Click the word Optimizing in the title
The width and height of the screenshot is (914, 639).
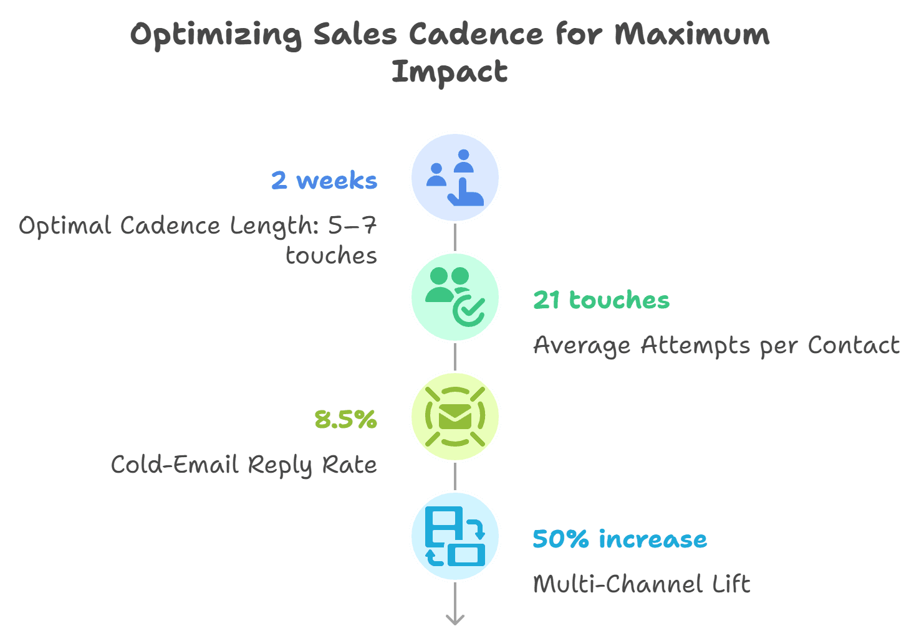pyautogui.click(x=216, y=36)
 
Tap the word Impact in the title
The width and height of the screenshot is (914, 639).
pyautogui.click(x=450, y=72)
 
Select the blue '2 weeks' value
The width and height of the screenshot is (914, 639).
pyautogui.click(x=324, y=180)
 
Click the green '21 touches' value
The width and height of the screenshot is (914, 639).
pyautogui.click(x=601, y=300)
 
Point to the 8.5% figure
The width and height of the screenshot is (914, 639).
pyautogui.click(x=345, y=419)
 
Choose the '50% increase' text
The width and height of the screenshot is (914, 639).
pyautogui.click(x=620, y=539)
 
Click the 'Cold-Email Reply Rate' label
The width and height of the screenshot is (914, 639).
pyautogui.click(x=244, y=465)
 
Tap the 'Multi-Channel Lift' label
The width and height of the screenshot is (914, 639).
pyautogui.click(x=642, y=584)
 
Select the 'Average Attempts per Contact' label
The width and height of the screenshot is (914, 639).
pyautogui.click(x=716, y=346)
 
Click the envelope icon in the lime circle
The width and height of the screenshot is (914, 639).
pyautogui.click(x=455, y=417)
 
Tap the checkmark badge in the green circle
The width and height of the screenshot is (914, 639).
pyautogui.click(x=469, y=311)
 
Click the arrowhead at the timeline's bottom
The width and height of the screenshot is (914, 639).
pyautogui.click(x=455, y=620)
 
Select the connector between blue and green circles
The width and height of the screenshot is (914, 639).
pyautogui.click(x=455, y=237)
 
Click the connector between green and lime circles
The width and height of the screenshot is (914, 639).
pyautogui.click(x=455, y=357)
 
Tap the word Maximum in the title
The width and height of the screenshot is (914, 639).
pyautogui.click(x=691, y=34)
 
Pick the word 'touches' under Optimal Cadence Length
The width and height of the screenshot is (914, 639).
pyautogui.click(x=331, y=256)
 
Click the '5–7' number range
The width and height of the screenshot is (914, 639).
pyautogui.click(x=352, y=225)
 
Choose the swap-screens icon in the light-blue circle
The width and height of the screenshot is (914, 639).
pyautogui.click(x=455, y=536)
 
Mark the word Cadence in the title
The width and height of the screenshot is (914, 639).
pyautogui.click(x=476, y=34)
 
